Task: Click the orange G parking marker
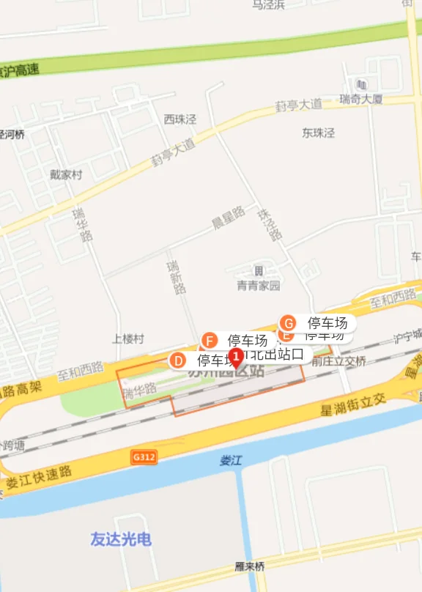click(x=289, y=323)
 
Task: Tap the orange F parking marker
click(x=210, y=341)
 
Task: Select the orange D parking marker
click(x=177, y=360)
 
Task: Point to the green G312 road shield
click(x=145, y=456)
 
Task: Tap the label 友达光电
click(x=121, y=539)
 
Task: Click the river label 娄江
click(x=230, y=462)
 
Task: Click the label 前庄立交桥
click(x=338, y=361)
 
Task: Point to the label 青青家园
click(x=258, y=286)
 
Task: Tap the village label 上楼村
click(x=128, y=339)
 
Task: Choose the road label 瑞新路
click(x=177, y=277)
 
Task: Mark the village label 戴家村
click(x=66, y=175)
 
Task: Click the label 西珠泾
click(x=180, y=119)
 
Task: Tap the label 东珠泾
click(x=318, y=133)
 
